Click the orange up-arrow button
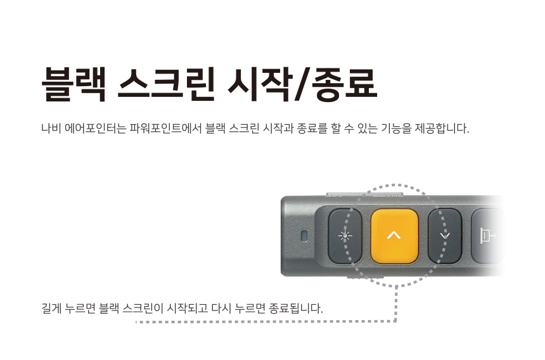(395, 236)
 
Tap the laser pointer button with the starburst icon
(345, 236)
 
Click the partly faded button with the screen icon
(487, 236)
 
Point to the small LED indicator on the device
(304, 236)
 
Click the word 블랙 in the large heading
(74, 84)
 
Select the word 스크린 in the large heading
(165, 84)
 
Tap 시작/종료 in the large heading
(302, 84)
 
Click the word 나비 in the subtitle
(51, 128)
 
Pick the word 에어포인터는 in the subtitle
(95, 128)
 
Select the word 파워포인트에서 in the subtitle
(165, 128)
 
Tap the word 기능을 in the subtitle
(395, 128)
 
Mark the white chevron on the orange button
(394, 236)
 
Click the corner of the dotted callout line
(395, 321)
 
